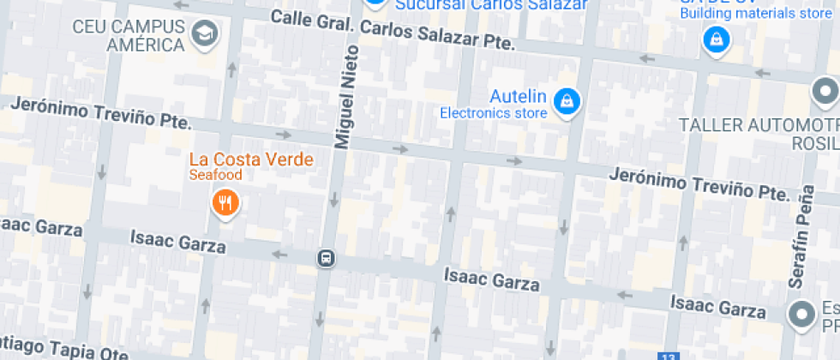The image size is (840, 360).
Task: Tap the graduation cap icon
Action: [x=205, y=34]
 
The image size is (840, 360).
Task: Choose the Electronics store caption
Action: [x=493, y=112]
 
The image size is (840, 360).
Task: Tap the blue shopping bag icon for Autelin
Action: [x=566, y=103]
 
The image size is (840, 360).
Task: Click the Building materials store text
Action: [x=756, y=13]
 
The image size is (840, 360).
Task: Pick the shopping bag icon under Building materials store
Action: [x=714, y=39]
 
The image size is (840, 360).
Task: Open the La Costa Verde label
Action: [x=251, y=159]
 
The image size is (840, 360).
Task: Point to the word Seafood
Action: [x=216, y=175]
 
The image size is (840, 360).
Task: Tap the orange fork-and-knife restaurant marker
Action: [x=225, y=203]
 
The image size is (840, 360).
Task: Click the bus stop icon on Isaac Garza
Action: [x=326, y=258]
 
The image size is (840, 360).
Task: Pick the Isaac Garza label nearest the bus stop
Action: [x=177, y=242]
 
